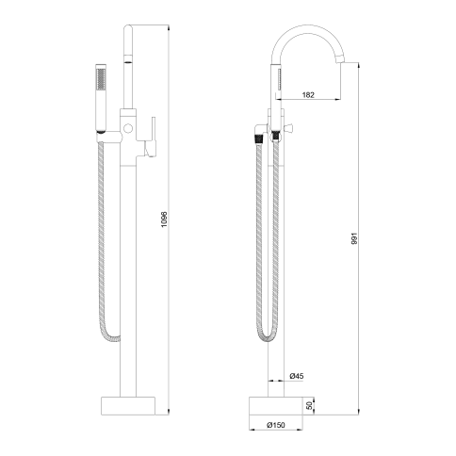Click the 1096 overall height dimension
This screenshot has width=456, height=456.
[x=165, y=220]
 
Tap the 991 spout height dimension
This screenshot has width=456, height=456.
[x=354, y=238]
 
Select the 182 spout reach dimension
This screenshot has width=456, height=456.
[x=308, y=94]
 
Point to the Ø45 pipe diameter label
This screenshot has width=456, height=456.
[x=297, y=376]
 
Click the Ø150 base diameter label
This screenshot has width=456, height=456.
[x=276, y=425]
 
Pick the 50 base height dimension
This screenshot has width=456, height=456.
[x=310, y=405]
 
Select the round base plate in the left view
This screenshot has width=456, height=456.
[x=128, y=406]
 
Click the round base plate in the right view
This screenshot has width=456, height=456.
[x=276, y=406]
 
